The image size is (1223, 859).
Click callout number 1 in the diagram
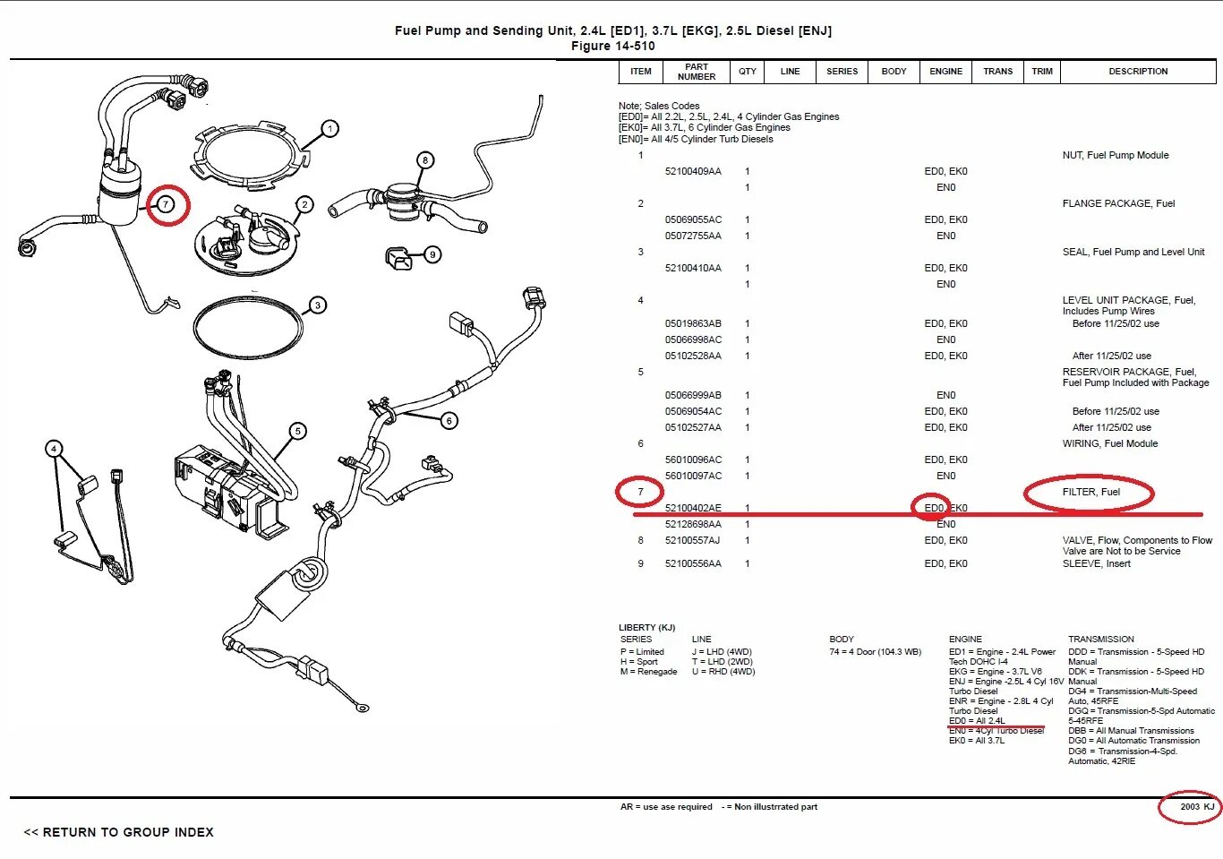(x=329, y=129)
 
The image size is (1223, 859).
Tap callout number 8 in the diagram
(x=425, y=160)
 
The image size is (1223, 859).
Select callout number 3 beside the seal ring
(x=317, y=305)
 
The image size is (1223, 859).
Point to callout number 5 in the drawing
(x=298, y=431)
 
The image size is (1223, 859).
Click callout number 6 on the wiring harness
(x=449, y=420)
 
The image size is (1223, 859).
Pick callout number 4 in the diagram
(x=54, y=449)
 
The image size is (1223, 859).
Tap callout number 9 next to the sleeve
(x=432, y=254)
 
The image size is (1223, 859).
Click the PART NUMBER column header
(x=697, y=72)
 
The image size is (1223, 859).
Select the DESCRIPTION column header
(x=1138, y=72)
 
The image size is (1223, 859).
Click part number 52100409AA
(x=693, y=171)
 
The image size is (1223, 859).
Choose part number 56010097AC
(x=693, y=476)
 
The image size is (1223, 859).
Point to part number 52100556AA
(x=693, y=563)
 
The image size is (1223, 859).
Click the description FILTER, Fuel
(x=1090, y=492)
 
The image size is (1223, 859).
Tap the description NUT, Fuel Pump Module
(x=1115, y=155)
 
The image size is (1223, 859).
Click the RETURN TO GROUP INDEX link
(x=119, y=832)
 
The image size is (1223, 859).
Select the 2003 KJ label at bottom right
(x=1196, y=807)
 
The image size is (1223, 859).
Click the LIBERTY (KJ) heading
(x=646, y=627)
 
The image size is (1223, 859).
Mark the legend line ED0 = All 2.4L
(x=977, y=721)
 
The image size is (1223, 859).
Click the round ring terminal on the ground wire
(x=361, y=709)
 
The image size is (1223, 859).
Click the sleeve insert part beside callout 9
(x=398, y=259)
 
